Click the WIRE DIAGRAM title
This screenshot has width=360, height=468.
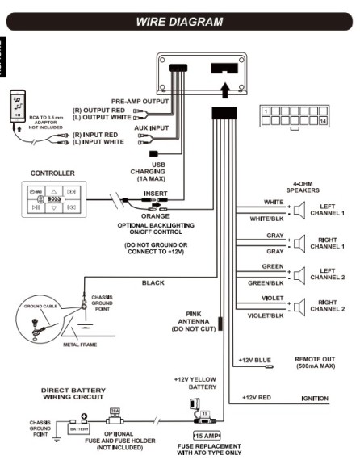[178, 22]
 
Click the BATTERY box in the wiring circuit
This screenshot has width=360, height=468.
[78, 429]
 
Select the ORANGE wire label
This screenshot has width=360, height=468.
[156, 215]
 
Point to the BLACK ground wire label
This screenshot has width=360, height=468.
[153, 282]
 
